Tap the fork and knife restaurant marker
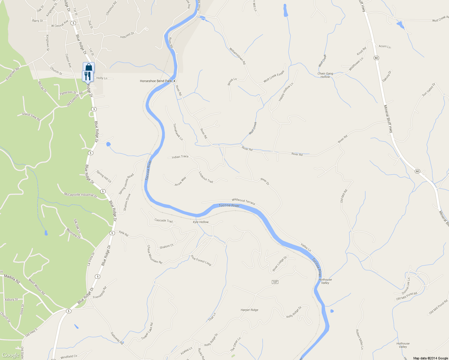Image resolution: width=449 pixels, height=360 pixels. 88,76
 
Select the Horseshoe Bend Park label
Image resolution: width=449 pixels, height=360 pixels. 156,81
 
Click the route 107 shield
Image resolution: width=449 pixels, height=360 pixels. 275,282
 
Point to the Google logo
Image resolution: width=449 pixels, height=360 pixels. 11,355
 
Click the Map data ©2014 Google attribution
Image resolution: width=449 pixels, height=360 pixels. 430,358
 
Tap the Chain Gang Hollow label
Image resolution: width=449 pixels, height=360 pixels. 325,75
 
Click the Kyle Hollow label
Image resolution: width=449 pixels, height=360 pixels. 201,222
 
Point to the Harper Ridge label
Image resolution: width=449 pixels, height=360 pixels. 249,310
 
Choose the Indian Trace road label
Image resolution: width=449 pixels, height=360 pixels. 180,157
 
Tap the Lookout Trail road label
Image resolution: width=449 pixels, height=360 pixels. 206,177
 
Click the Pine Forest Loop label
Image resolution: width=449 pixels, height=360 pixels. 201,260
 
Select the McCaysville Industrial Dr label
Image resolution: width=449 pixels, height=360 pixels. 80,195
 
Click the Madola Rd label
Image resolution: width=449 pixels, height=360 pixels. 12,279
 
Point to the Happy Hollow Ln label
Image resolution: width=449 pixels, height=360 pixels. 286,92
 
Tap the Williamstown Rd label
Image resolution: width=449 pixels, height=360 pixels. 237,56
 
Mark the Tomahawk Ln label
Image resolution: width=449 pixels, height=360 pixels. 178,132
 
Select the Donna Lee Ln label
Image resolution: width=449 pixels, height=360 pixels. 406,286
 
